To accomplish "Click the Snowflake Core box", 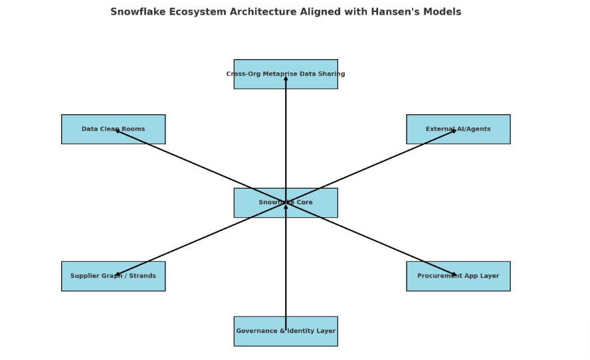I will tap(286, 203).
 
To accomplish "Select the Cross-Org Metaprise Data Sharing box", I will tap(286, 74).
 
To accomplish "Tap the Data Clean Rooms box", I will tap(113, 129).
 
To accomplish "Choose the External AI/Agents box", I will tap(458, 129).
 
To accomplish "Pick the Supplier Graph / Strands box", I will tap(113, 276).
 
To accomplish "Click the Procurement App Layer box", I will tap(458, 276).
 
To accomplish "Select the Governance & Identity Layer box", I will tap(286, 331).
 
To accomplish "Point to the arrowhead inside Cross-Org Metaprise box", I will tap(286, 78).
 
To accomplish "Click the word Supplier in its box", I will tap(85, 276).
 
